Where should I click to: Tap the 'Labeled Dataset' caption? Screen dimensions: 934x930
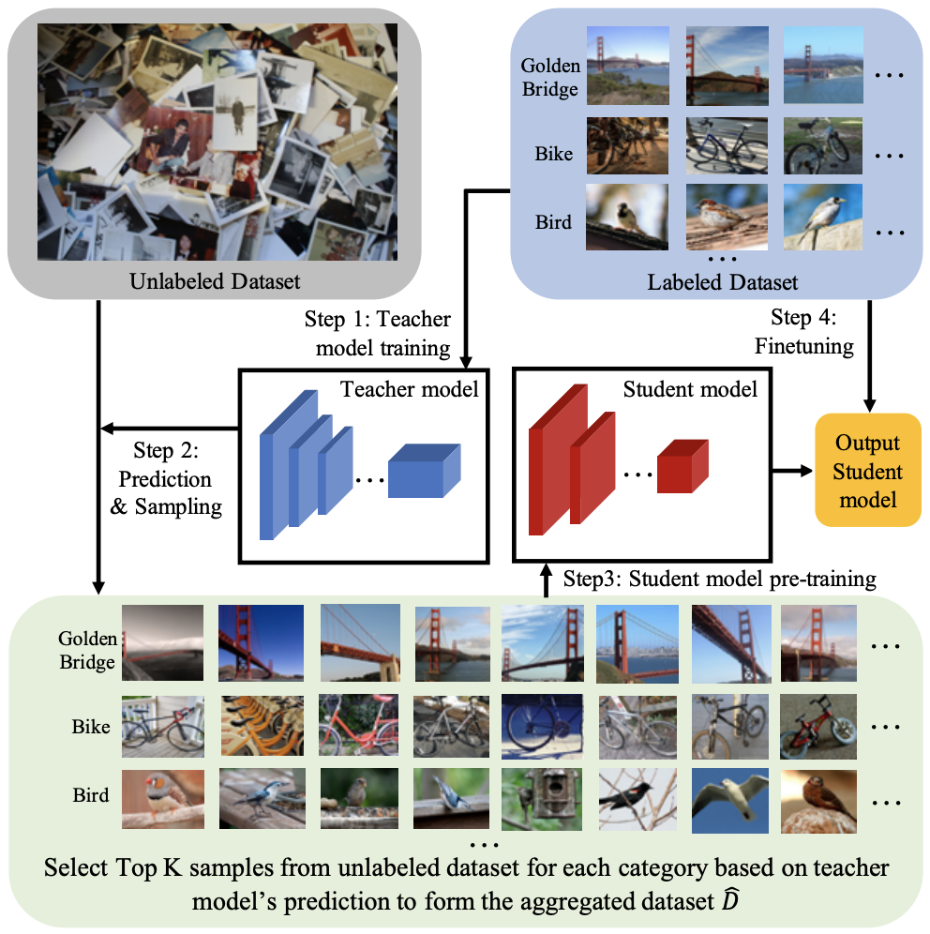723,281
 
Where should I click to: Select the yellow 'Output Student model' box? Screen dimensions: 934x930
868,470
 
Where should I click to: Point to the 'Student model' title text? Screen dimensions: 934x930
690,388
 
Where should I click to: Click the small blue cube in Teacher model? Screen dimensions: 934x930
425,471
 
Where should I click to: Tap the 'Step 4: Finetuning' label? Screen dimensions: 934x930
803,332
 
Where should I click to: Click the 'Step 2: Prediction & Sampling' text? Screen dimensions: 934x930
166,479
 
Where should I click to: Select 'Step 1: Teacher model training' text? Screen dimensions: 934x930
377,334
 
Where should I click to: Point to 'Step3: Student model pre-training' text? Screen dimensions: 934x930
719,578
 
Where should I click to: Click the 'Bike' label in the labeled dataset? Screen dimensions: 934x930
554,154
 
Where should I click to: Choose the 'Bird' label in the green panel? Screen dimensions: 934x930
91,795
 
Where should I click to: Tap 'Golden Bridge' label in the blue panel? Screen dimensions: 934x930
551,80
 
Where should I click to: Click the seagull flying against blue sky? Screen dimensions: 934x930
729,801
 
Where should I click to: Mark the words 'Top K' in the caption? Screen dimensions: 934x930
154,867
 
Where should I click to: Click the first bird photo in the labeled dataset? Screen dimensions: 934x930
627,218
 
